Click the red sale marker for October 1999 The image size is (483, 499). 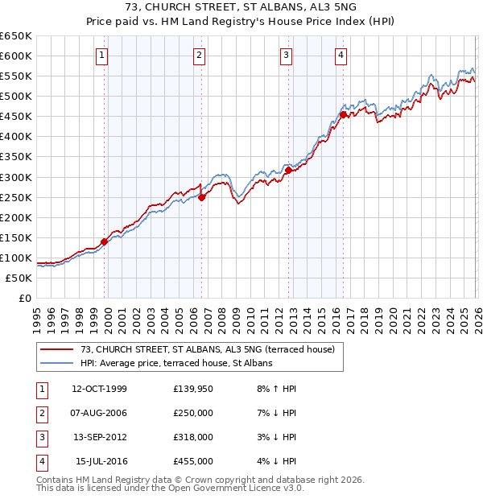coord(105,241)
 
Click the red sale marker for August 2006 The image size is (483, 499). coord(202,197)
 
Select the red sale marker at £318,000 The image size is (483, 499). coord(288,170)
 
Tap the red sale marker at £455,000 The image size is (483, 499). coord(343,114)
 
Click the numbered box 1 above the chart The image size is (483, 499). coord(103,56)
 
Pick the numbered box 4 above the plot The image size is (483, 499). coord(341,56)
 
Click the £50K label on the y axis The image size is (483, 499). coord(19,278)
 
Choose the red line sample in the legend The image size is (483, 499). coord(56,349)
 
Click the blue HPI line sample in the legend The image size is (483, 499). coord(56,363)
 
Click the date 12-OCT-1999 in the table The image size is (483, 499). coord(99,389)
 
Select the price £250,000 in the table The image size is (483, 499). coord(193,413)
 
